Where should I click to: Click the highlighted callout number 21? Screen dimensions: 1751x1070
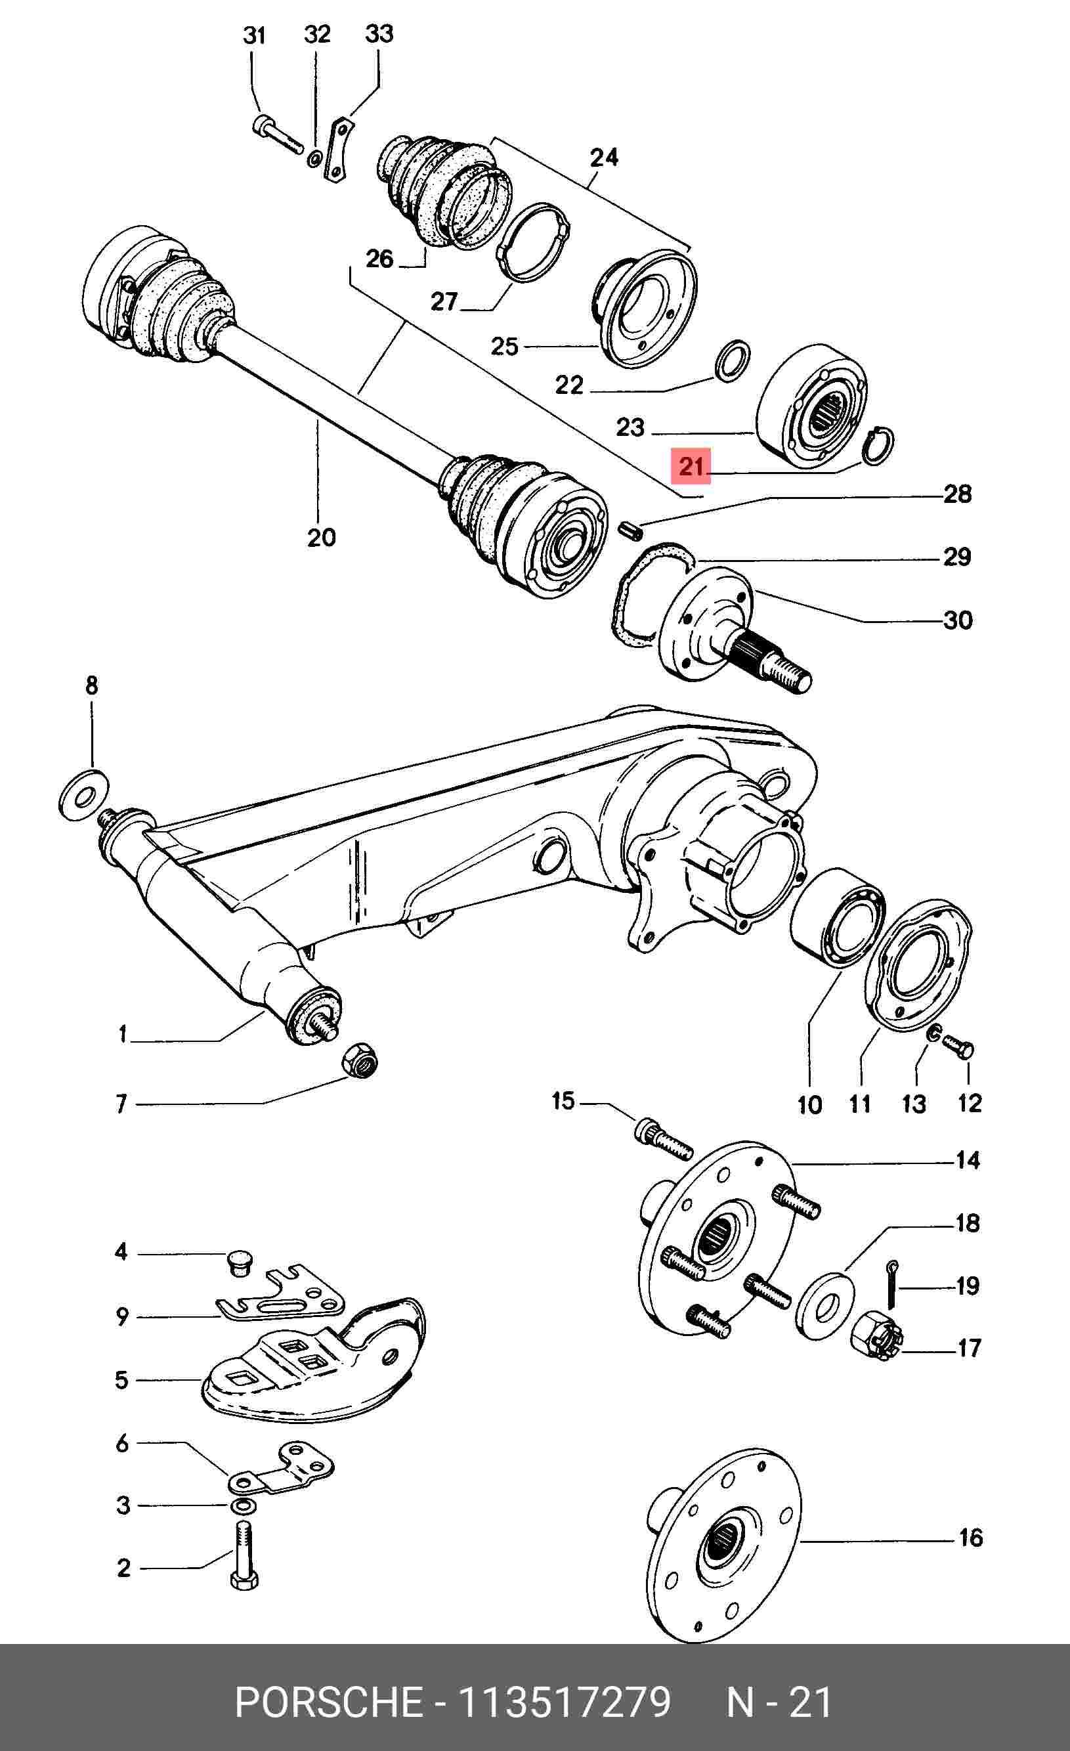coord(691,466)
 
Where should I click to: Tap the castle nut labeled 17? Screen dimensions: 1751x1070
coord(876,1337)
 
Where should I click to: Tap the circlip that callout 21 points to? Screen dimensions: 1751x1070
coord(878,446)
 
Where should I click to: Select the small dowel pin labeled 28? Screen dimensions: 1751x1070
coord(630,530)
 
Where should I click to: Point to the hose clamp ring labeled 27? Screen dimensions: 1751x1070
coord(534,243)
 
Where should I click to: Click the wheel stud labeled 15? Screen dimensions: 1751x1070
coord(663,1140)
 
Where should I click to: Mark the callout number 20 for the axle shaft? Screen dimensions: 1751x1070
coord(321,537)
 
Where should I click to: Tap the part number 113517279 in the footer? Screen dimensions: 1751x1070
coord(564,1701)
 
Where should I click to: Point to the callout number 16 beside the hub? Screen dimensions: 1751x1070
coord(970,1538)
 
